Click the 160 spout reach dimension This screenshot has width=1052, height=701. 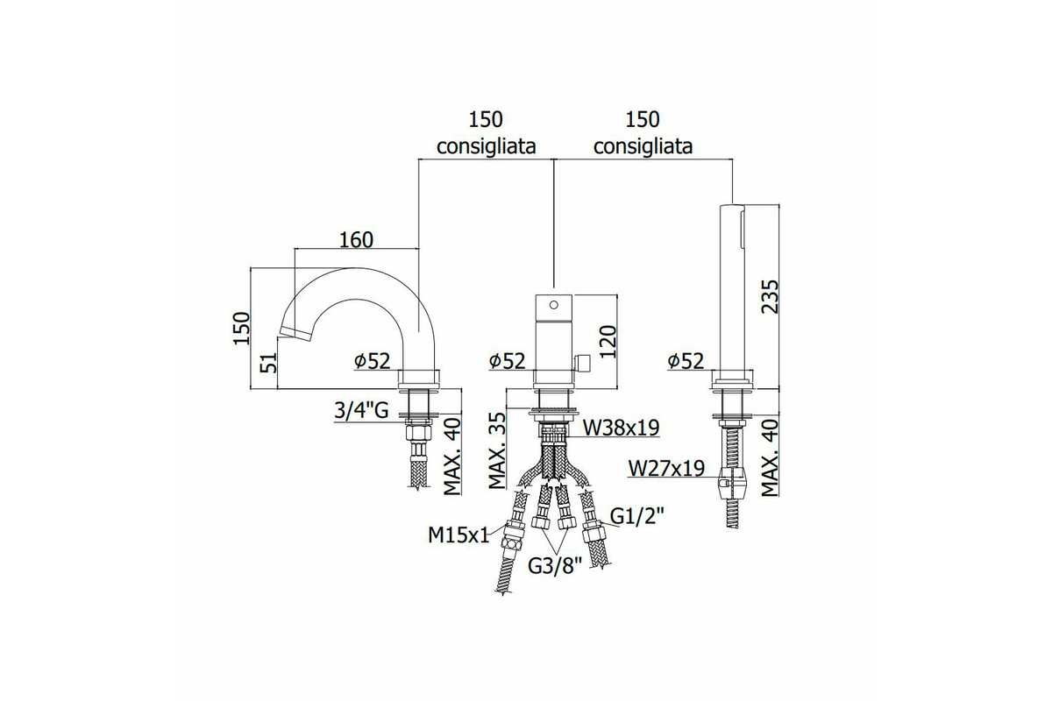(356, 239)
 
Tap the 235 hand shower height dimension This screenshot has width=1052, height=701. (770, 297)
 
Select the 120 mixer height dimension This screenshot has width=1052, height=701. (608, 342)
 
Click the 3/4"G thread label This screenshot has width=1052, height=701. (361, 410)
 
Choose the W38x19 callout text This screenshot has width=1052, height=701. (621, 428)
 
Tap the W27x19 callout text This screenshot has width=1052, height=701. (666, 468)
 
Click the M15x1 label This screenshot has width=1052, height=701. (458, 535)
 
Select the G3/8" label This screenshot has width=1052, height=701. (555, 566)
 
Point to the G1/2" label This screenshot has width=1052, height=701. (637, 517)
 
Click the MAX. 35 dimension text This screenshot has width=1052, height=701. (497, 450)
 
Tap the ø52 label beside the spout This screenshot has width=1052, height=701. (373, 361)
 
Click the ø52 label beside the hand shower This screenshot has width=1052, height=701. (686, 361)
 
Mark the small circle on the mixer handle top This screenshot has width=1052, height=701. (554, 305)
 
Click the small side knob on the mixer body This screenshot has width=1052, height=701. (581, 364)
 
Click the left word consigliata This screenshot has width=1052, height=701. (486, 146)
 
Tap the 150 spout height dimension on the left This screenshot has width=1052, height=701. (242, 329)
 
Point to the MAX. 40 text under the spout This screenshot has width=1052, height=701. (452, 457)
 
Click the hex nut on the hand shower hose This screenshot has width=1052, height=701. (733, 485)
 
